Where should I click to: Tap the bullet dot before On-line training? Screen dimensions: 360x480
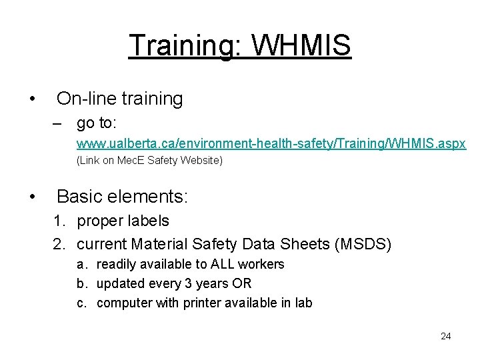pyautogui.click(x=33, y=99)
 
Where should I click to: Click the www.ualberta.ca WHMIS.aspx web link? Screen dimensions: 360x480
pyautogui.click(x=271, y=143)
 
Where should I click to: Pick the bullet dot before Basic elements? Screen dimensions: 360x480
pyautogui.click(x=33, y=197)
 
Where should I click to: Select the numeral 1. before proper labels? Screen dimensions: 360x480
pyautogui.click(x=61, y=221)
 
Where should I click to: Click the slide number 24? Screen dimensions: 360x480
pyautogui.click(x=446, y=336)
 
